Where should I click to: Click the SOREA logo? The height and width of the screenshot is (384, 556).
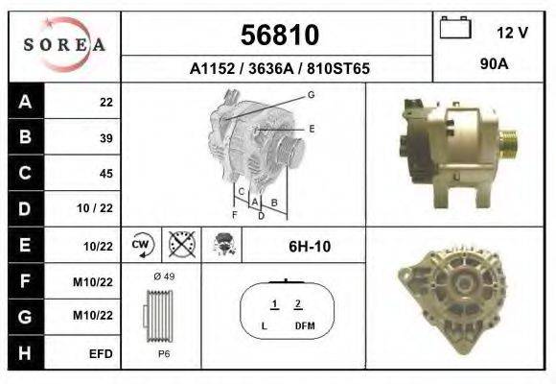tap(63, 45)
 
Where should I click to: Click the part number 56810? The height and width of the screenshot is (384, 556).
tap(278, 36)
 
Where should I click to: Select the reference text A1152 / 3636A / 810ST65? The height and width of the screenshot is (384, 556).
tap(280, 69)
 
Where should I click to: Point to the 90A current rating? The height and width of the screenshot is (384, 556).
tap(495, 66)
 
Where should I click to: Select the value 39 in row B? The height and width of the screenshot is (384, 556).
tap(105, 138)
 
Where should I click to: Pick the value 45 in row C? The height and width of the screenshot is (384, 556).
tap(105, 174)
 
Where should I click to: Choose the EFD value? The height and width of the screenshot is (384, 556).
tap(101, 354)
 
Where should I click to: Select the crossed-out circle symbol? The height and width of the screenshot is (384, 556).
tap(180, 246)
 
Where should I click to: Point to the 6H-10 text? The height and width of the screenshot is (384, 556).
tap(310, 247)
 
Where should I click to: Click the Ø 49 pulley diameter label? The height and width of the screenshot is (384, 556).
tap(164, 276)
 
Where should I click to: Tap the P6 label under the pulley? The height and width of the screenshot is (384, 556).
tap(164, 353)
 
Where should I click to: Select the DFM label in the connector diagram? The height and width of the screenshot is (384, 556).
tap(305, 327)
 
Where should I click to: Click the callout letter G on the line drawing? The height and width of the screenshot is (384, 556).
tap(312, 94)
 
